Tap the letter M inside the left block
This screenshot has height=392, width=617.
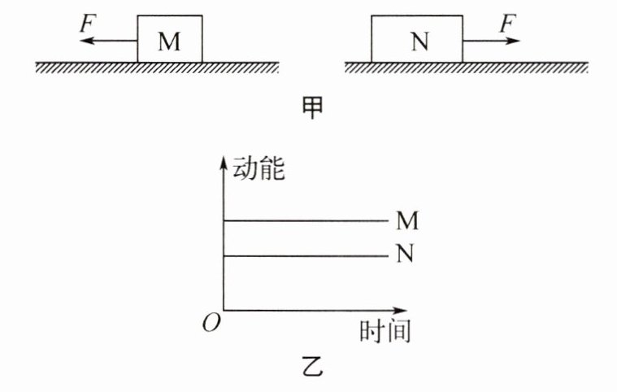pyautogui.click(x=169, y=41)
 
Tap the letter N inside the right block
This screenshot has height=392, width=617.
pyautogui.click(x=419, y=41)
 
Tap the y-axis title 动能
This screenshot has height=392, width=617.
pyautogui.click(x=259, y=169)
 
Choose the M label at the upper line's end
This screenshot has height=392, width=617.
pyautogui.click(x=406, y=220)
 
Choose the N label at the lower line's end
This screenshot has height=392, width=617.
pyautogui.click(x=406, y=255)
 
